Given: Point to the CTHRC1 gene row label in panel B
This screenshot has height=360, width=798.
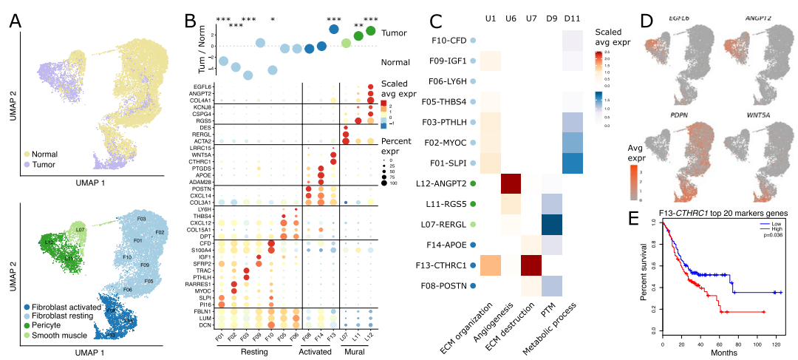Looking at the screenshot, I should (x=194, y=160).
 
